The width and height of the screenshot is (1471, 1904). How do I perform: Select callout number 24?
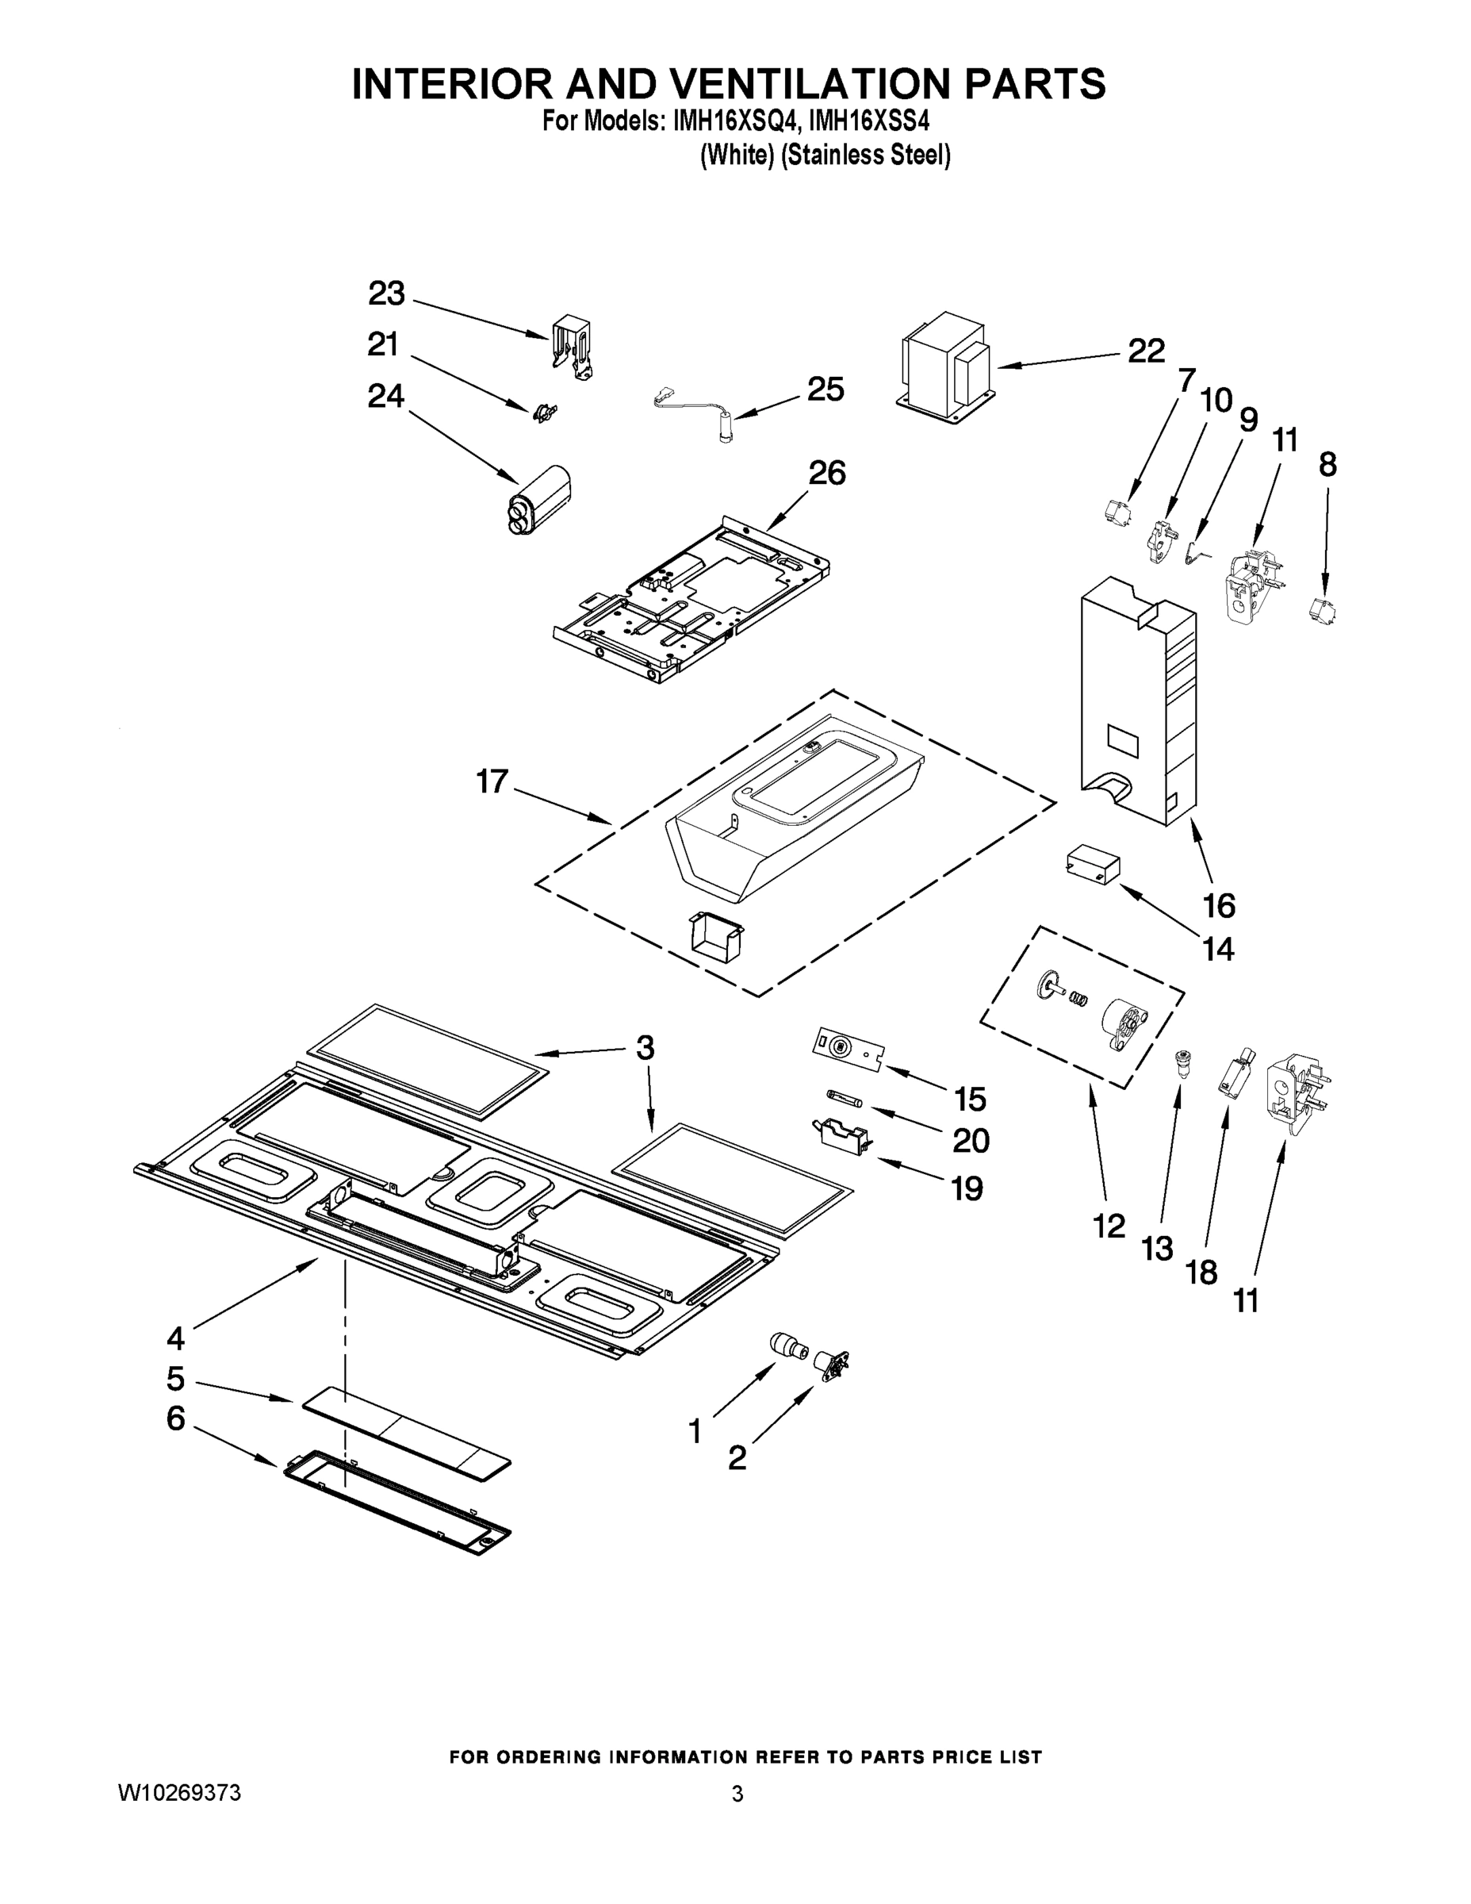[x=385, y=396]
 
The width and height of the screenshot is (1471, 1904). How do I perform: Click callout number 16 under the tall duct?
[x=1218, y=906]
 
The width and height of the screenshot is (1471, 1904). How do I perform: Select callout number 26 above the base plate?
[x=826, y=473]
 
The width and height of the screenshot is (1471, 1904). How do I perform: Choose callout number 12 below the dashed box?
[x=1109, y=1226]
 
